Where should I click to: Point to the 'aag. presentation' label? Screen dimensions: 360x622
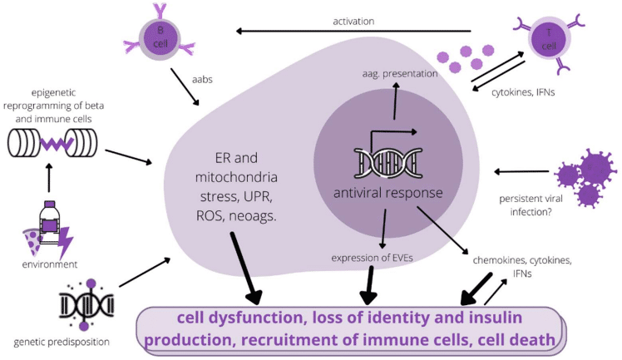(x=400, y=73)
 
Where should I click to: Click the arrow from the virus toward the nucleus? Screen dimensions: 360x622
(x=520, y=171)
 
